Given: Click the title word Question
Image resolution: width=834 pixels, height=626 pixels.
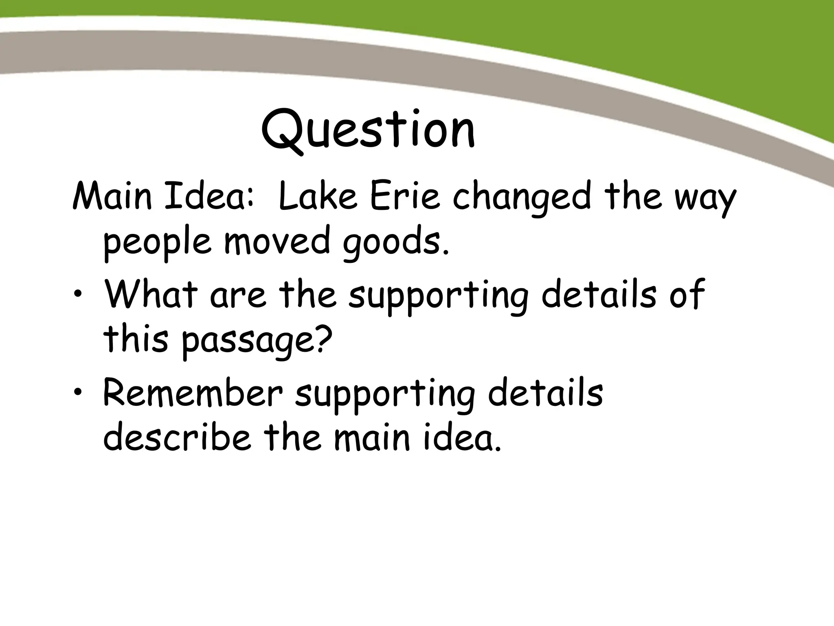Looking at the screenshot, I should click(368, 130).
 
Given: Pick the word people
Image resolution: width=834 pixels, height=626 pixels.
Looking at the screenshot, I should click(157, 243).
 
